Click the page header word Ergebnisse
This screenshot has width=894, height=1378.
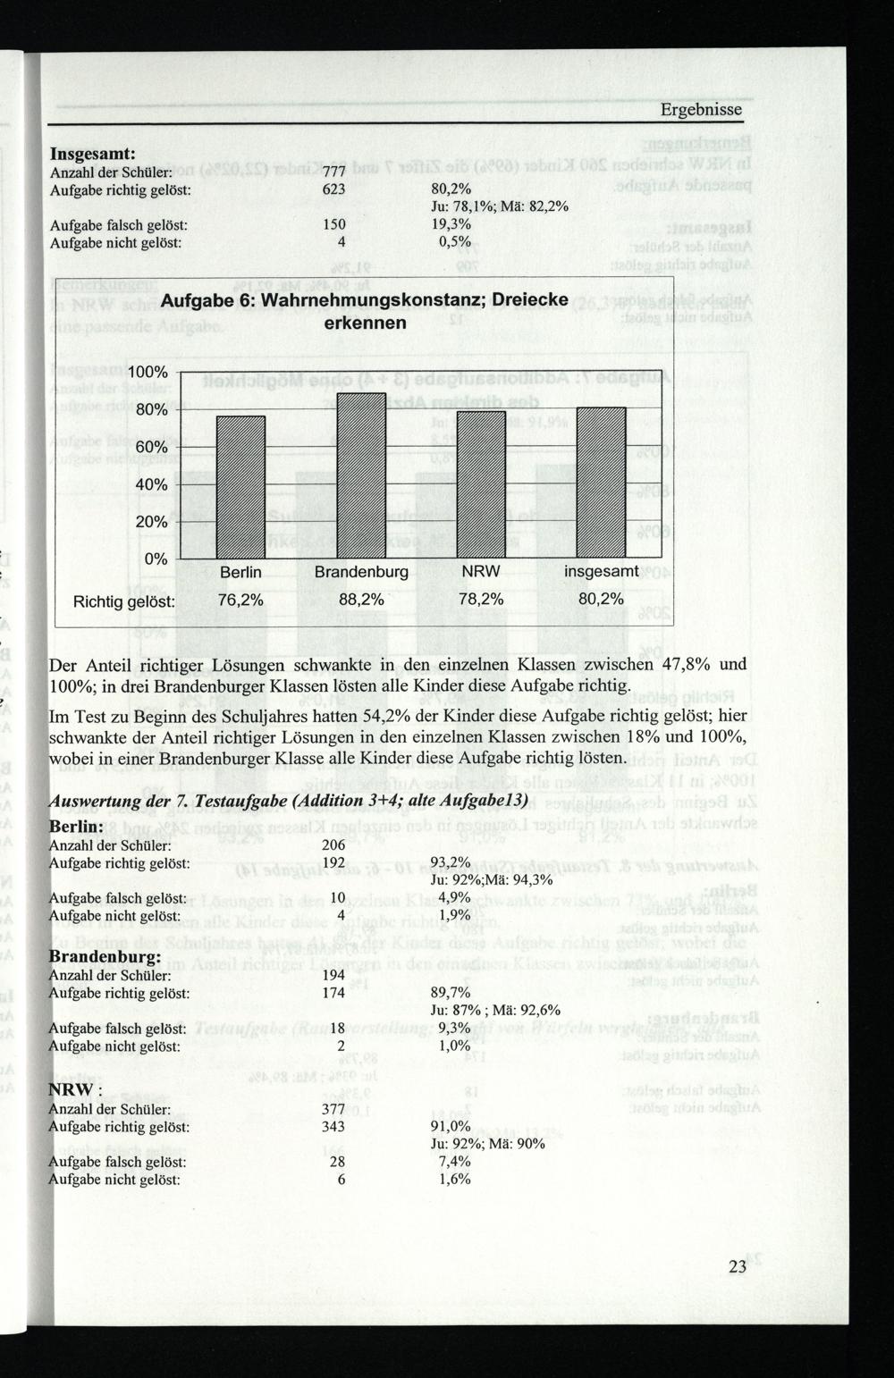pos(701,110)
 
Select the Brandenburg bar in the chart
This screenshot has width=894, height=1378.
pos(361,475)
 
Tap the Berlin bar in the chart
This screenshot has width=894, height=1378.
pos(241,487)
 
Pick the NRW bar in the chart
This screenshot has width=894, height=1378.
pos(481,483)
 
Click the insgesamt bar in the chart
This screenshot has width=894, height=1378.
pos(601,482)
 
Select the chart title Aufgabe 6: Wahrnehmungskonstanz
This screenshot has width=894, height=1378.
pos(365,311)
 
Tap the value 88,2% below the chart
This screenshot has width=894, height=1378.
pos(361,600)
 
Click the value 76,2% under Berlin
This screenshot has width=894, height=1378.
pos(240,600)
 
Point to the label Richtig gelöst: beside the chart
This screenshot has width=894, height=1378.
pos(125,601)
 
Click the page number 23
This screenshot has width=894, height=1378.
pos(737,1266)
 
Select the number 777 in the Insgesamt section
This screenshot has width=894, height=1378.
pos(333,172)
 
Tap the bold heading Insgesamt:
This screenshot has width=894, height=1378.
pos(92,154)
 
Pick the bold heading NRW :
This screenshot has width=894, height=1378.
pos(75,1090)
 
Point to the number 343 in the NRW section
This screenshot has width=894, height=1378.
pos(333,1127)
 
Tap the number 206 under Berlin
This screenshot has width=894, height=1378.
pos(333,845)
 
